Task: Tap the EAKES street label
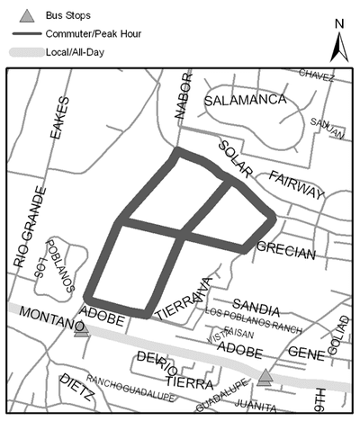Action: [x=60, y=118]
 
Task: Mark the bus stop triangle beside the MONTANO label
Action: [x=82, y=328]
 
